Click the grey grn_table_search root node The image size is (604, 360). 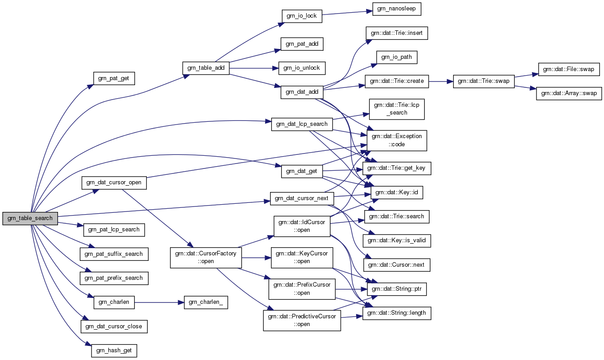click(30, 218)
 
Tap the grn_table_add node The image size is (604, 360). click(206, 68)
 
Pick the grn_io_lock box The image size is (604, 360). click(302, 16)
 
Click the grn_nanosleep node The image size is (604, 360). click(396, 9)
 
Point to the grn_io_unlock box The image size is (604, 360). click(301, 68)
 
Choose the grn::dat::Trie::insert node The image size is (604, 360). click(396, 33)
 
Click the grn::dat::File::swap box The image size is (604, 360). click(569, 69)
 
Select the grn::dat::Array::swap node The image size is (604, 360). click(569, 94)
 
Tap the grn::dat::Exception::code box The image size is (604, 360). click(396, 140)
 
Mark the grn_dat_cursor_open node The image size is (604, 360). click(114, 182)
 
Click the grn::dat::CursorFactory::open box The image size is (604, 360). click(206, 257)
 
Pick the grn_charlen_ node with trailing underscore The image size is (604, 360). click(205, 302)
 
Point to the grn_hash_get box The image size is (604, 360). click(114, 350)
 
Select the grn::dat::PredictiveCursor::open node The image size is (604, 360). click(302, 320)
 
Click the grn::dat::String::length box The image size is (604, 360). click(396, 312)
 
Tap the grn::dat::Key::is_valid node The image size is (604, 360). click(396, 240)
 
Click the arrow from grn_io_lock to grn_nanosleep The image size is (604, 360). click(347, 12)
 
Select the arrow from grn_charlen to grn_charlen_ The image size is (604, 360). click(159, 302)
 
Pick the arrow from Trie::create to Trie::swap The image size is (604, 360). click(440, 82)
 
